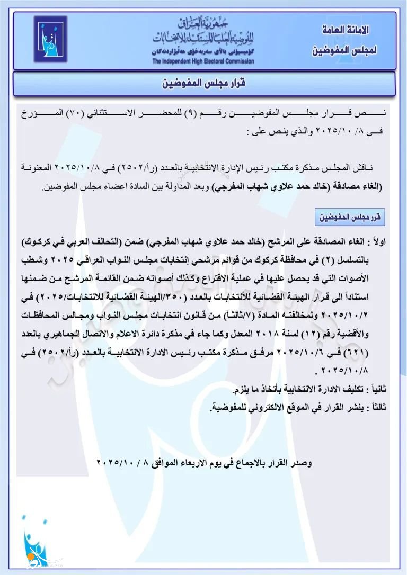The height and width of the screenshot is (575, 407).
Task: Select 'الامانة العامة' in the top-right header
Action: tap(345, 31)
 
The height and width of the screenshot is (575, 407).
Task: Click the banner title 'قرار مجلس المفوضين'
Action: tap(203, 84)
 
